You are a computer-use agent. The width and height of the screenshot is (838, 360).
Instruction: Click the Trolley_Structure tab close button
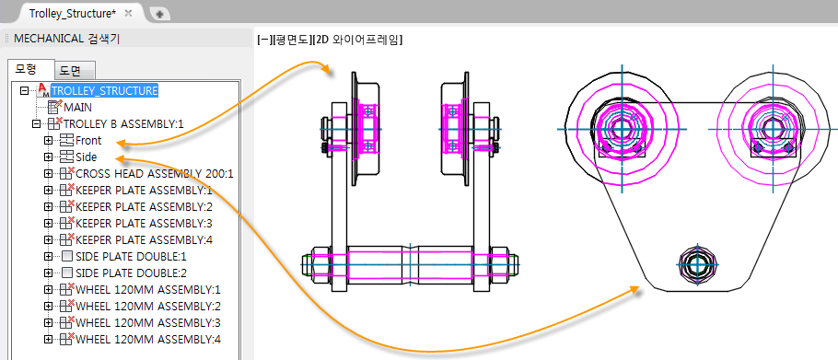[x=128, y=14]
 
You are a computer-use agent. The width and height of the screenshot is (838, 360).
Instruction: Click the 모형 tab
[x=31, y=69]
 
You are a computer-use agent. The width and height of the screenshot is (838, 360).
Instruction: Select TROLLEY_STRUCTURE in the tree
[x=104, y=91]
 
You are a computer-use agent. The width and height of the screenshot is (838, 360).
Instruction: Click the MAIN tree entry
[x=77, y=108]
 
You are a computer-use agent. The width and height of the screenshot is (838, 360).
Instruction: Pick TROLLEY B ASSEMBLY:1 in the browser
[x=123, y=124]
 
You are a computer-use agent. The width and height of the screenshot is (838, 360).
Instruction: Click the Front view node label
[x=88, y=141]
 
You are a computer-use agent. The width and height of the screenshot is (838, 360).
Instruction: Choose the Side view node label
[x=86, y=157]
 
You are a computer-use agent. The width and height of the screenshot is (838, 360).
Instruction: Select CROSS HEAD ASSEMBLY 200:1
[x=155, y=174]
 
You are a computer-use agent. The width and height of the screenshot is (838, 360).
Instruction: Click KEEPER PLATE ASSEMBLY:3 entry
[x=145, y=223]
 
